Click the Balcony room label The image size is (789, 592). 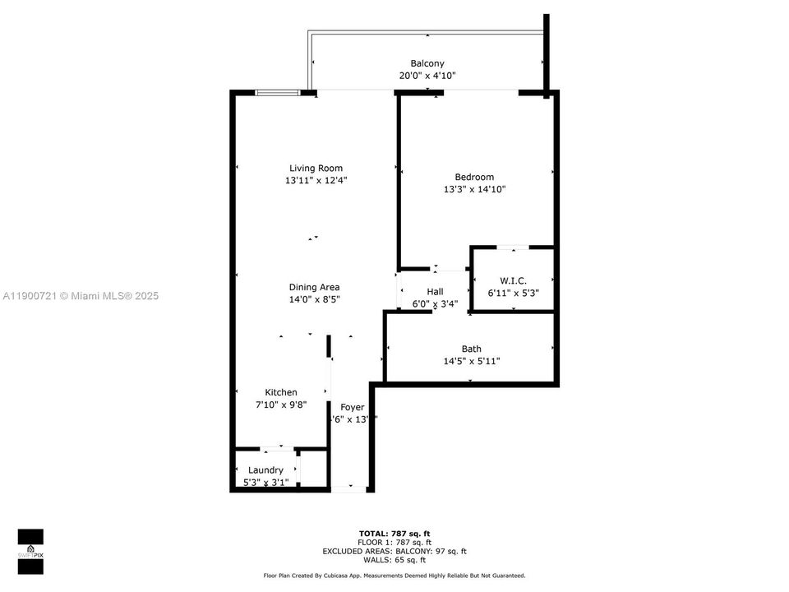[427, 63]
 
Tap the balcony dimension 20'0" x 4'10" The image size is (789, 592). [427, 76]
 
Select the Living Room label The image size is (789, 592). [316, 169]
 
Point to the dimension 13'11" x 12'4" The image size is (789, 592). [316, 181]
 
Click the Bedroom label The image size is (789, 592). [474, 177]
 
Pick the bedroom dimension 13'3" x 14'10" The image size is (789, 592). [474, 189]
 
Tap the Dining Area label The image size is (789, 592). [314, 287]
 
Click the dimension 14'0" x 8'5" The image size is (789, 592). [314, 299]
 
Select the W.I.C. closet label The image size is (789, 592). [513, 280]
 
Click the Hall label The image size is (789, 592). [435, 292]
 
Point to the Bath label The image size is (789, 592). [471, 349]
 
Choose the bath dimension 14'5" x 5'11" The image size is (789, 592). [471, 361]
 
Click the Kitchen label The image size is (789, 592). [281, 392]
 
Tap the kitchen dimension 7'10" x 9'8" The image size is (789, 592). [281, 405]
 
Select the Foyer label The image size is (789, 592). [352, 407]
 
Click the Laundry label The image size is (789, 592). [265, 469]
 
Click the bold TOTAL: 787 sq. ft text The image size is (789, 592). [394, 533]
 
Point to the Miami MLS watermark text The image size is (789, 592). [81, 296]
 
